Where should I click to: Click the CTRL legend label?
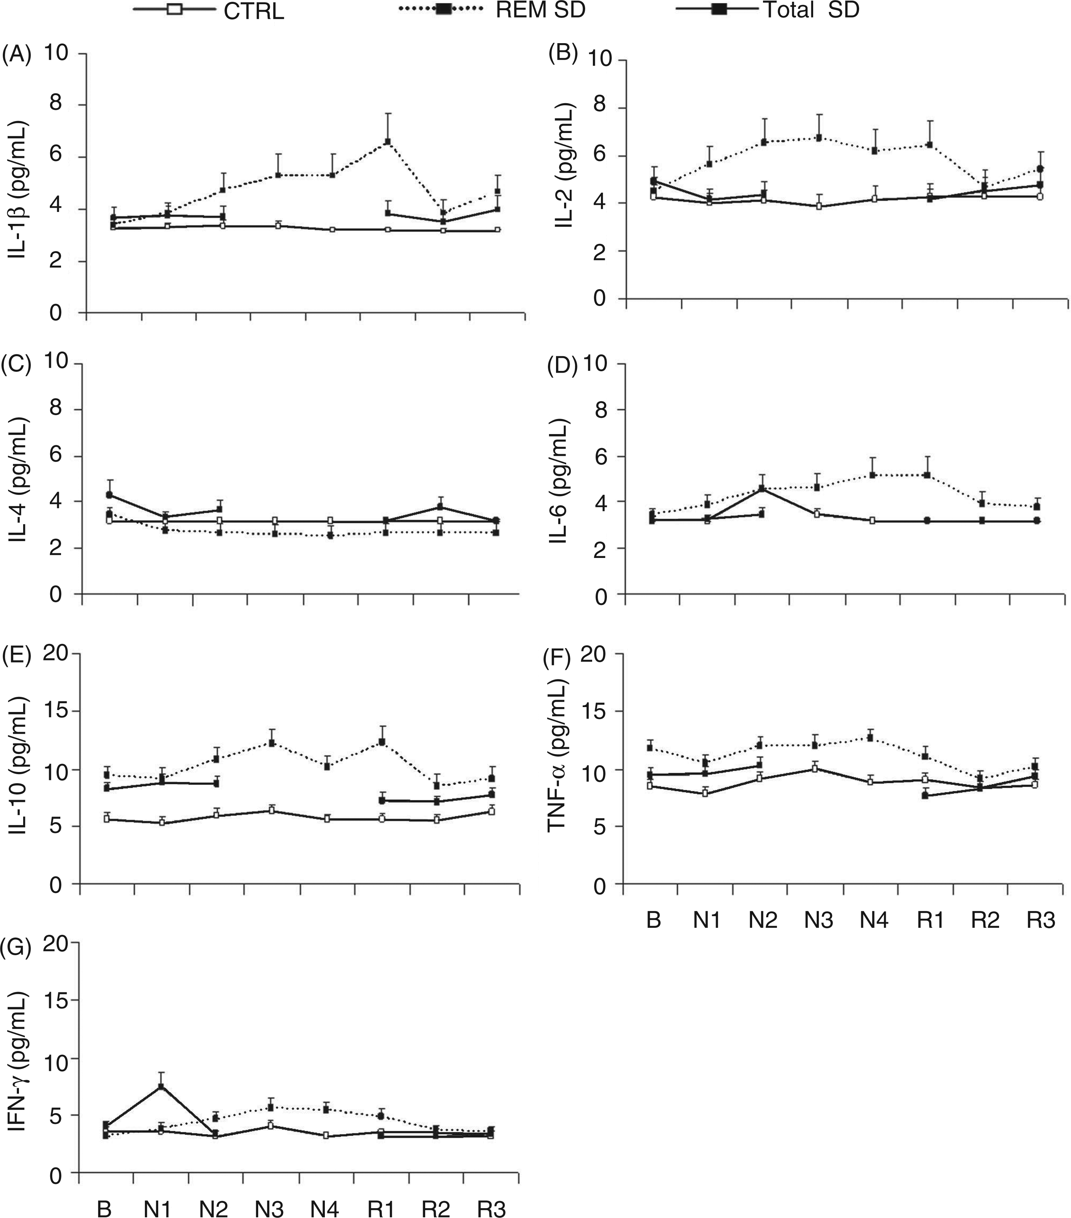(x=254, y=11)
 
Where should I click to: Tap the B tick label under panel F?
(x=654, y=921)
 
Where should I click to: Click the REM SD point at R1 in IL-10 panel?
(x=382, y=742)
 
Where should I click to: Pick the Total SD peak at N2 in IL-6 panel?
(x=762, y=488)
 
